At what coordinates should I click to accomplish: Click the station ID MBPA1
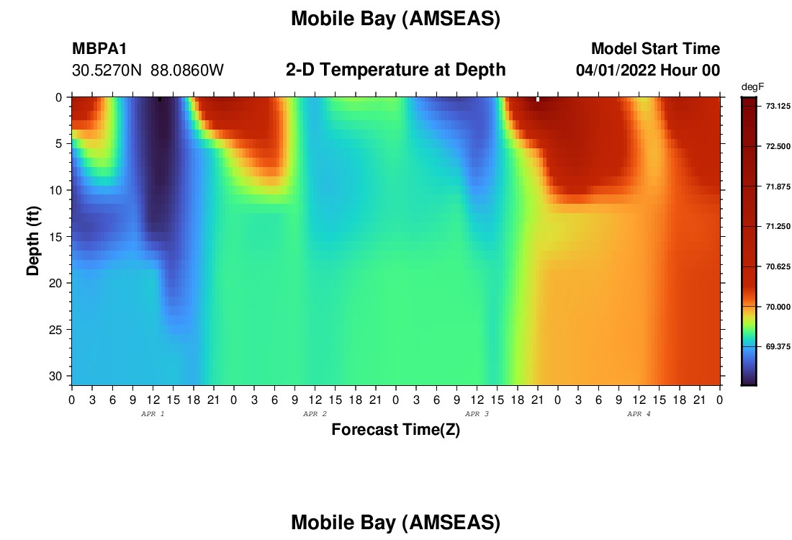coord(99,48)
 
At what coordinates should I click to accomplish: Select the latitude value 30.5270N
coord(107,71)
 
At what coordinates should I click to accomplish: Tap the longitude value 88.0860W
coord(187,71)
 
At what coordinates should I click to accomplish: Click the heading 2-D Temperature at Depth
coord(395,70)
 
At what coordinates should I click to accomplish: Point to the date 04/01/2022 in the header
coord(616,71)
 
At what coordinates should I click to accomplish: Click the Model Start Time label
coord(656,48)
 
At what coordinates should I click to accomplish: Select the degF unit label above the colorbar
coord(752,87)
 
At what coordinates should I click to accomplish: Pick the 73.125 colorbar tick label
coord(778,106)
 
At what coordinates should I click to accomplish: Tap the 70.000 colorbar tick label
coord(778,307)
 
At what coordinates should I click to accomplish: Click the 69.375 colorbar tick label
coord(778,346)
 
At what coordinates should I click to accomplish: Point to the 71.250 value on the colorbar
coord(778,226)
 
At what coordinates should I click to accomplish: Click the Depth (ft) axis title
coord(33,241)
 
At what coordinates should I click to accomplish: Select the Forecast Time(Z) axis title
coord(395,429)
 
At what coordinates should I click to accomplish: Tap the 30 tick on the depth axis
coord(55,377)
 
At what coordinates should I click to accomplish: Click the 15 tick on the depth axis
coord(55,237)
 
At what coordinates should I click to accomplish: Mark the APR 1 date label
coord(153,414)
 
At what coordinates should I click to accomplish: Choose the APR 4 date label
coord(639,414)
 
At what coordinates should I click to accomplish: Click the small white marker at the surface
coord(537,99)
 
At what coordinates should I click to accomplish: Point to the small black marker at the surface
coord(160,99)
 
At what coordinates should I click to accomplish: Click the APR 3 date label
coord(477,414)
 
